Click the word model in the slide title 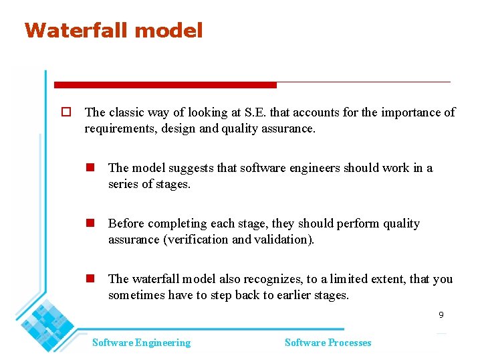171,30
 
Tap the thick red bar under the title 164,85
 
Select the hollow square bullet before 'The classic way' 66,112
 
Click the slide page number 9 441,314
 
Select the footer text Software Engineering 141,343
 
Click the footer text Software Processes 328,343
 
